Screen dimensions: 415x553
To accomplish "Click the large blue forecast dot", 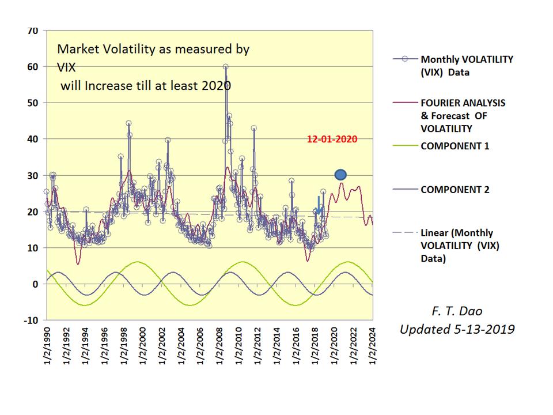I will point(340,175).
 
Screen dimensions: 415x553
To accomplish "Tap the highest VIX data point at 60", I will point(226,67).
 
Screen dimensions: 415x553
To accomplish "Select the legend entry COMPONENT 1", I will point(455,146).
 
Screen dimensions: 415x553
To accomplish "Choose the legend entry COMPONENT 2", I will point(455,189).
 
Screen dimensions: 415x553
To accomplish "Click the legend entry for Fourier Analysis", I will point(463,115).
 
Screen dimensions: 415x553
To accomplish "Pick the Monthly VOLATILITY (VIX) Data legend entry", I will point(467,66).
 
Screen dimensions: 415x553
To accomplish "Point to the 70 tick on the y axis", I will point(32,31).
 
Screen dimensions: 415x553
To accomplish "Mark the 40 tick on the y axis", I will point(32,139).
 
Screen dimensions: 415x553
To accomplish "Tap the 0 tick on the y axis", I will point(36,284).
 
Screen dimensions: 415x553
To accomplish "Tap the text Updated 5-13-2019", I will point(457,329).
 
